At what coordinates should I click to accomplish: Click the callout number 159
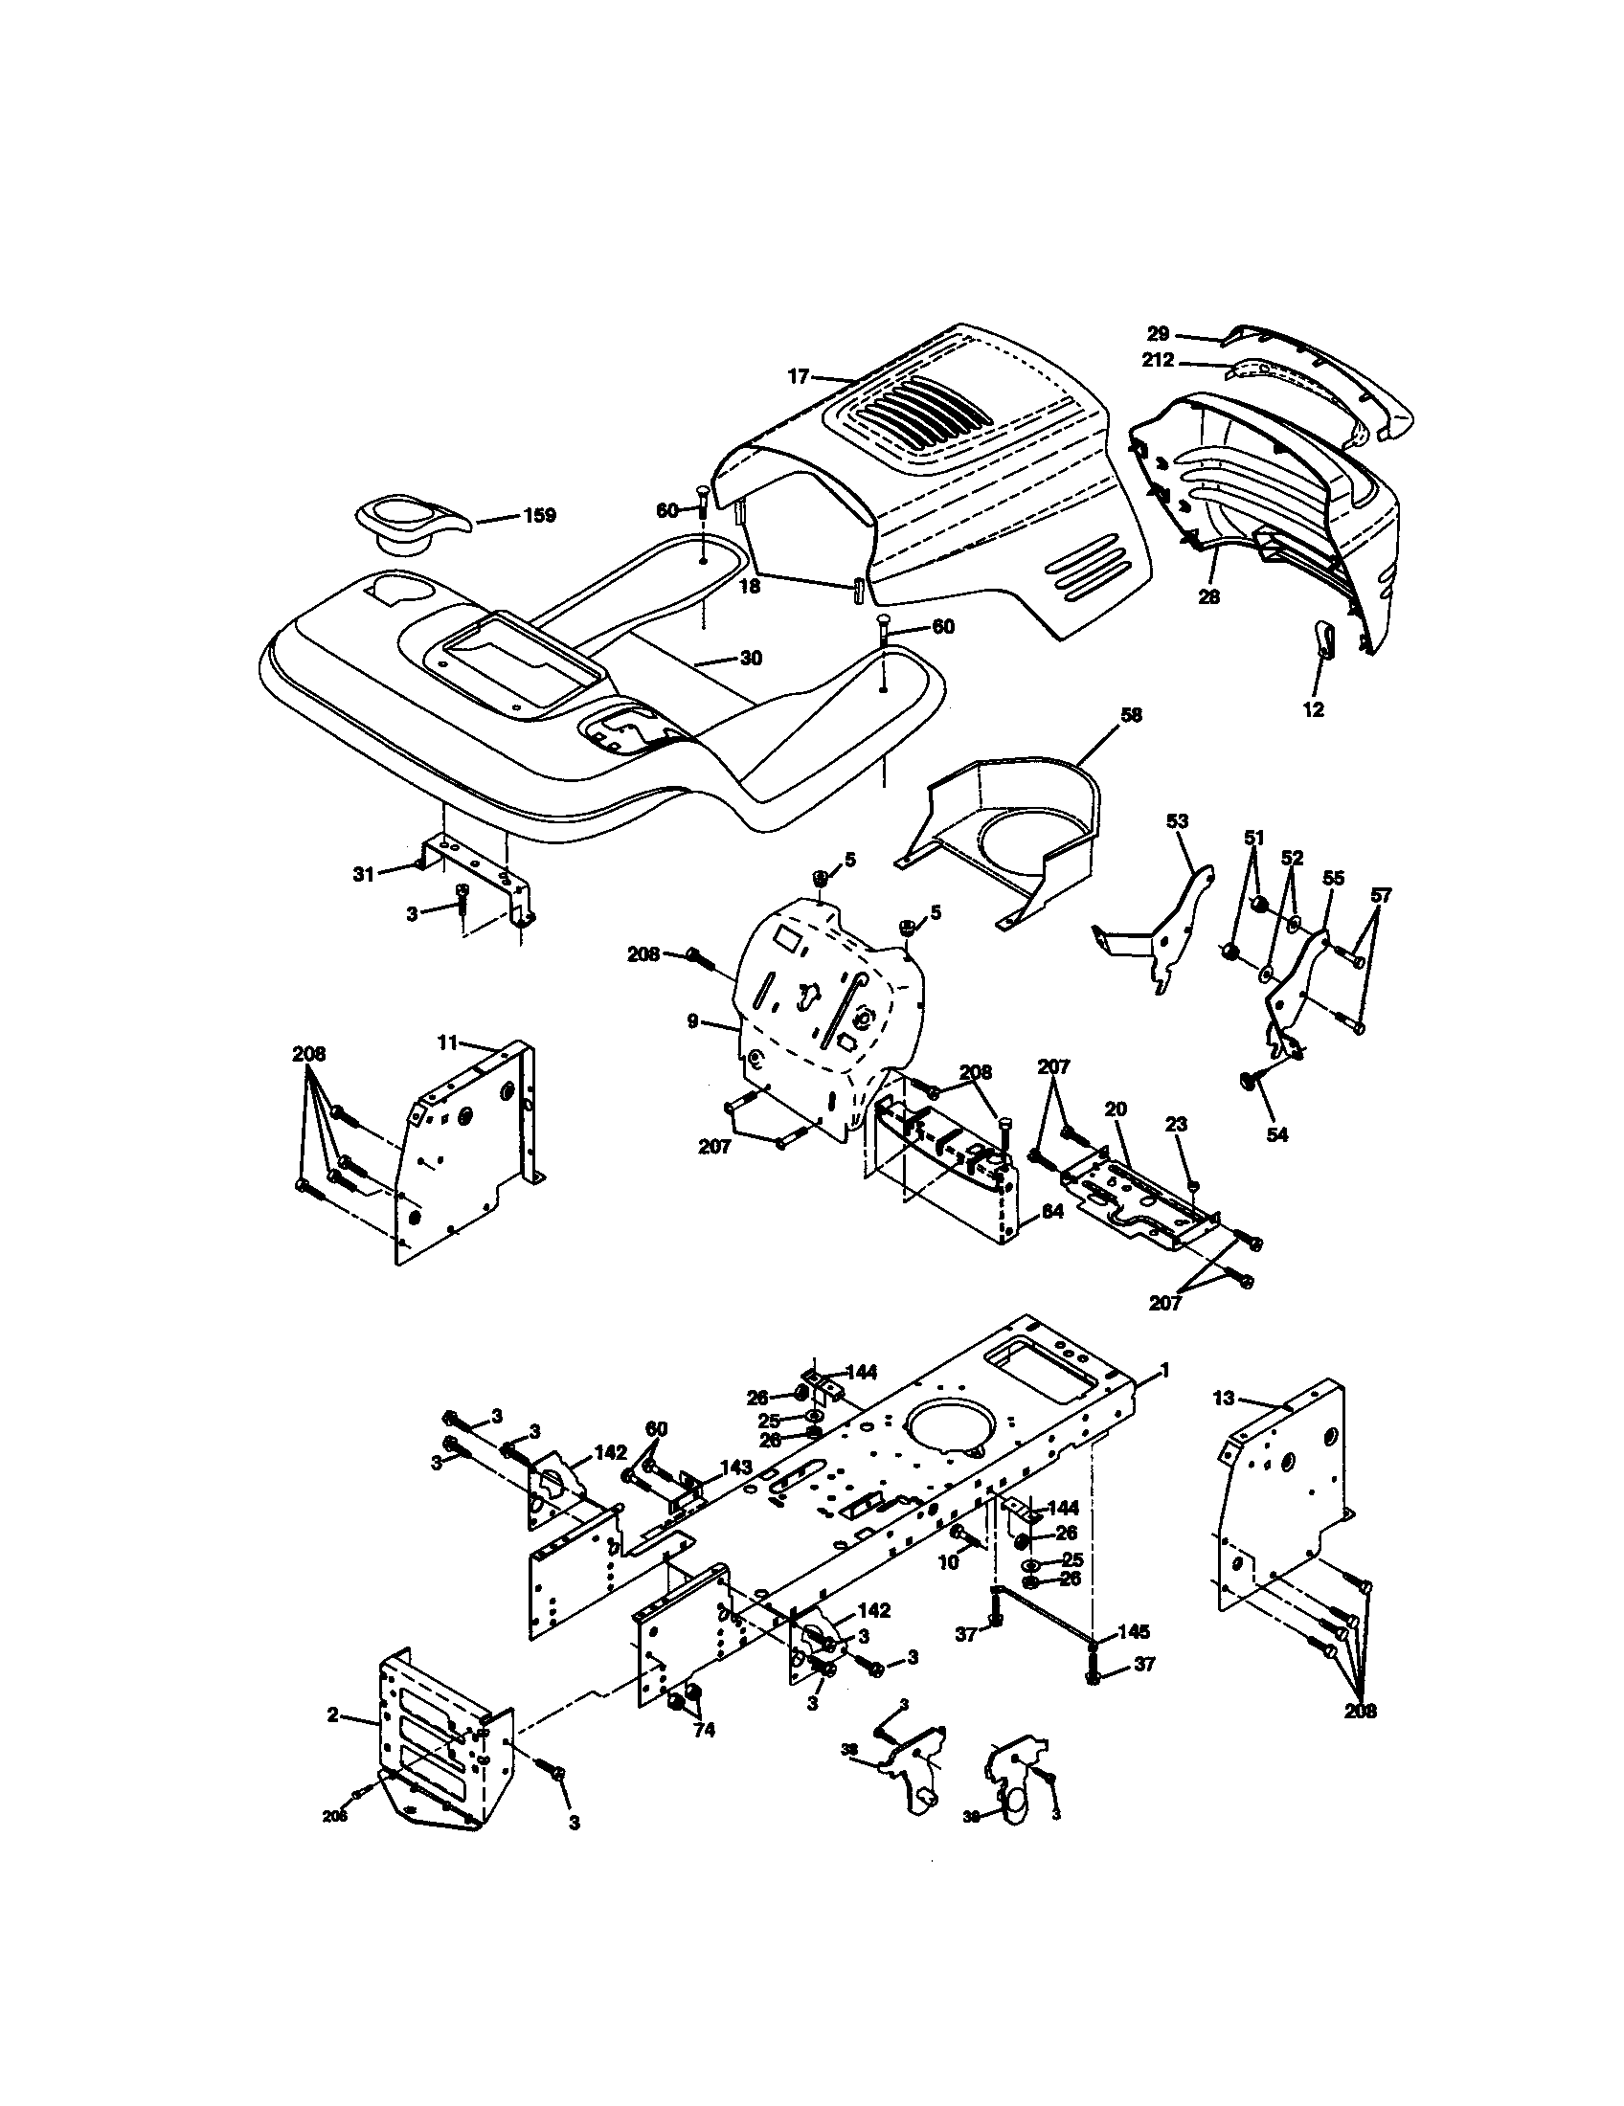click(x=540, y=516)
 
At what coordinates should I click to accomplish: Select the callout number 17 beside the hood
click(x=798, y=377)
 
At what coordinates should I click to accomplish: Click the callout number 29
click(x=1158, y=334)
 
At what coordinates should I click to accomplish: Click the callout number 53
click(x=1177, y=821)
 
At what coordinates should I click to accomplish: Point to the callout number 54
click(x=1275, y=1135)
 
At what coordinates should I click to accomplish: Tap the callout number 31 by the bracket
click(x=363, y=875)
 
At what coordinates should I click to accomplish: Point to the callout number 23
click(x=1176, y=1125)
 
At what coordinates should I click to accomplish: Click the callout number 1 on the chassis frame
click(x=1164, y=1369)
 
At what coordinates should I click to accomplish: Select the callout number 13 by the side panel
click(x=1223, y=1399)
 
